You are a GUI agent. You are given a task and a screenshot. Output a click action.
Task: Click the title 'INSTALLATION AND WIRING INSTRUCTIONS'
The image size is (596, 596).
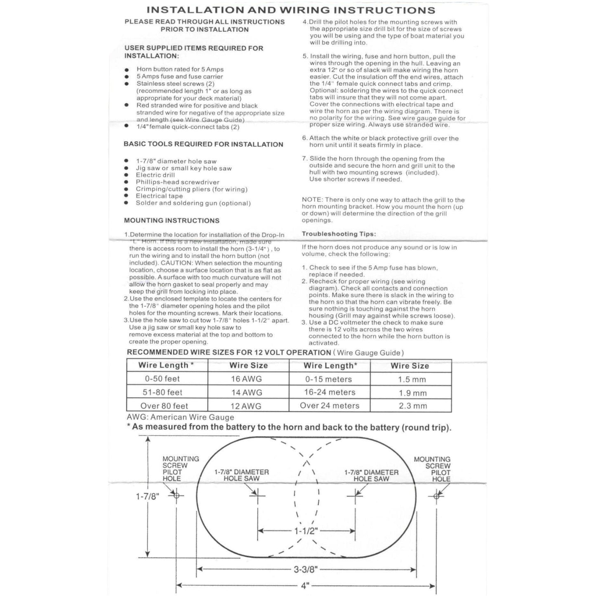click(x=291, y=10)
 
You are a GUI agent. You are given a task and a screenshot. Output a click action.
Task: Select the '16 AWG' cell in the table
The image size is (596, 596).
click(x=246, y=379)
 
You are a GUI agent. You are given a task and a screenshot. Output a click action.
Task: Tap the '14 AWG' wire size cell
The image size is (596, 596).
click(x=247, y=393)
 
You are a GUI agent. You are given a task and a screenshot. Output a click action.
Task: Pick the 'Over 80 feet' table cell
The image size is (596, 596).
click(x=164, y=406)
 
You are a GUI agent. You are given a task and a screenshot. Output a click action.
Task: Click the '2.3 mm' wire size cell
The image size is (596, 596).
click(x=413, y=406)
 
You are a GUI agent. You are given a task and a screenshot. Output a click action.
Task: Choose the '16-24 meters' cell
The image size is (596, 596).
click(x=330, y=392)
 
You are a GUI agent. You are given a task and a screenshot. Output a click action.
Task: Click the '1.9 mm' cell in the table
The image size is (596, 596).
click(x=413, y=393)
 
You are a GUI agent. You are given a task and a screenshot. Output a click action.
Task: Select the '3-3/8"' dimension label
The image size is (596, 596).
click(x=306, y=570)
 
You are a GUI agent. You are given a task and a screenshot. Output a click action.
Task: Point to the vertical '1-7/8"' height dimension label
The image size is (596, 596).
click(x=147, y=497)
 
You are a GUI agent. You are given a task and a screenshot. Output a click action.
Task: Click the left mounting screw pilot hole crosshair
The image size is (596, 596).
click(x=177, y=495)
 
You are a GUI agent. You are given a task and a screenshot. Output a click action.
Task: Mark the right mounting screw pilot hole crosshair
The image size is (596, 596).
click(x=436, y=496)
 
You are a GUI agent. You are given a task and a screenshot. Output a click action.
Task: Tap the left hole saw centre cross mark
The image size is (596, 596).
click(x=258, y=495)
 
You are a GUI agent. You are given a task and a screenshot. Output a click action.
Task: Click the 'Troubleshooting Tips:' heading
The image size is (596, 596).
click(x=339, y=234)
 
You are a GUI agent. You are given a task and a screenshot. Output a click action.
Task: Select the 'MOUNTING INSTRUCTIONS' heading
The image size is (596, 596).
click(x=172, y=221)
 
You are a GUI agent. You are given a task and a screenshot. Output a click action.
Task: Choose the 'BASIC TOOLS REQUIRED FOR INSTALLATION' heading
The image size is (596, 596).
click(x=203, y=144)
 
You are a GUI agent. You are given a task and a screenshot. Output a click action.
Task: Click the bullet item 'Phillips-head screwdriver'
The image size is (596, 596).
click(x=177, y=182)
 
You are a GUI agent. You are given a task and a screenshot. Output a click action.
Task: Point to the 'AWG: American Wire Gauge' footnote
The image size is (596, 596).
click(x=180, y=417)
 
